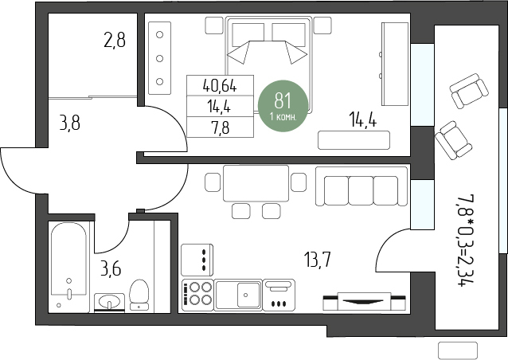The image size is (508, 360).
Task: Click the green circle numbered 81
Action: (x=283, y=106)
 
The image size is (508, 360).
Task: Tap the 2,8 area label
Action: (x=115, y=41)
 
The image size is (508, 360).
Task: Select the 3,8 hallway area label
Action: (x=69, y=123)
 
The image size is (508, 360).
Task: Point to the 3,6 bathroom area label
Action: (x=111, y=269)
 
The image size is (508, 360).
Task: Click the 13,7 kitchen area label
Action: (x=318, y=260)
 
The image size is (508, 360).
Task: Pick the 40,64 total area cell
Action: (x=220, y=86)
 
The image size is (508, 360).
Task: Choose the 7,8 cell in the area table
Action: (x=220, y=127)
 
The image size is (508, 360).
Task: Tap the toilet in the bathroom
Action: (x=139, y=295)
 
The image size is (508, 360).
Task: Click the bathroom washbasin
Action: (x=109, y=302)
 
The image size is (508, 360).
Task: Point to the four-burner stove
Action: (x=197, y=294)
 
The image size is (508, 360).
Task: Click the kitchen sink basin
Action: (x=248, y=295)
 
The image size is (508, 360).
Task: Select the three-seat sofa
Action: (x=361, y=186)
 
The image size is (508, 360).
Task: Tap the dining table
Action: (x=256, y=183)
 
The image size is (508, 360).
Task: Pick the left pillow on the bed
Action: (x=248, y=35)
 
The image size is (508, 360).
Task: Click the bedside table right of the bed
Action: (x=322, y=25)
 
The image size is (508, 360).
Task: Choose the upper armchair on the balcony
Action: (x=469, y=91)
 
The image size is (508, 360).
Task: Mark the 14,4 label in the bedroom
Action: (x=363, y=119)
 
